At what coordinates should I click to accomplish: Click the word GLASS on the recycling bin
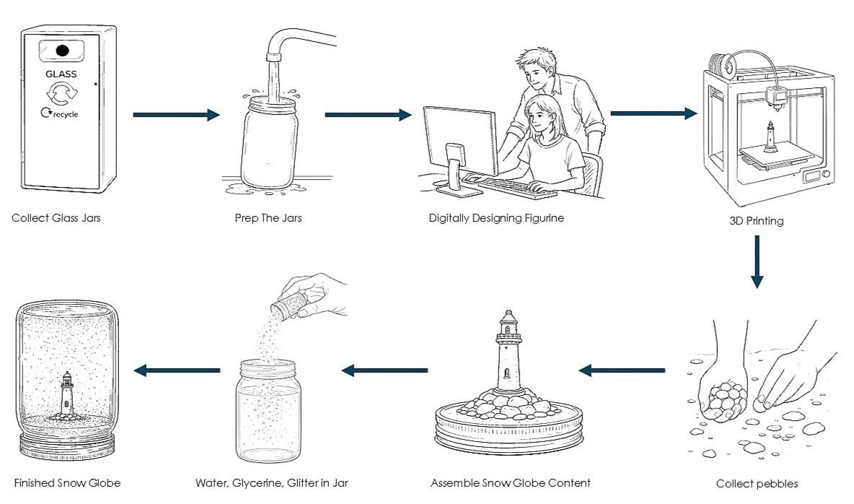[61, 74]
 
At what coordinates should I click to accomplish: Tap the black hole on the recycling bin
[62, 51]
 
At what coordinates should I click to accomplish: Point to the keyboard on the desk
[516, 188]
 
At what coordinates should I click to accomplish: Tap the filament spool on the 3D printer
[723, 65]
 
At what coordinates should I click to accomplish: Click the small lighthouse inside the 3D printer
[770, 136]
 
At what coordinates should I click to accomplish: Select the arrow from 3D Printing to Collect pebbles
[757, 261]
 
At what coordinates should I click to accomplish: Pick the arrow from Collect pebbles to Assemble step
[622, 371]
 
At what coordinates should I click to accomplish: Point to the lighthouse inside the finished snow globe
[66, 394]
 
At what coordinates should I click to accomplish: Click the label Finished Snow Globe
[67, 483]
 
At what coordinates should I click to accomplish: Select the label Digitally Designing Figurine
[496, 218]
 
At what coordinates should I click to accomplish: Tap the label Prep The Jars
[268, 218]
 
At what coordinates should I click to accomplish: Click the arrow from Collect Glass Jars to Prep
[177, 115]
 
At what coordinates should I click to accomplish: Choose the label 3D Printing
[757, 221]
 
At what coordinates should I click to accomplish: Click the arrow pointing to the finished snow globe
[177, 371]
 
